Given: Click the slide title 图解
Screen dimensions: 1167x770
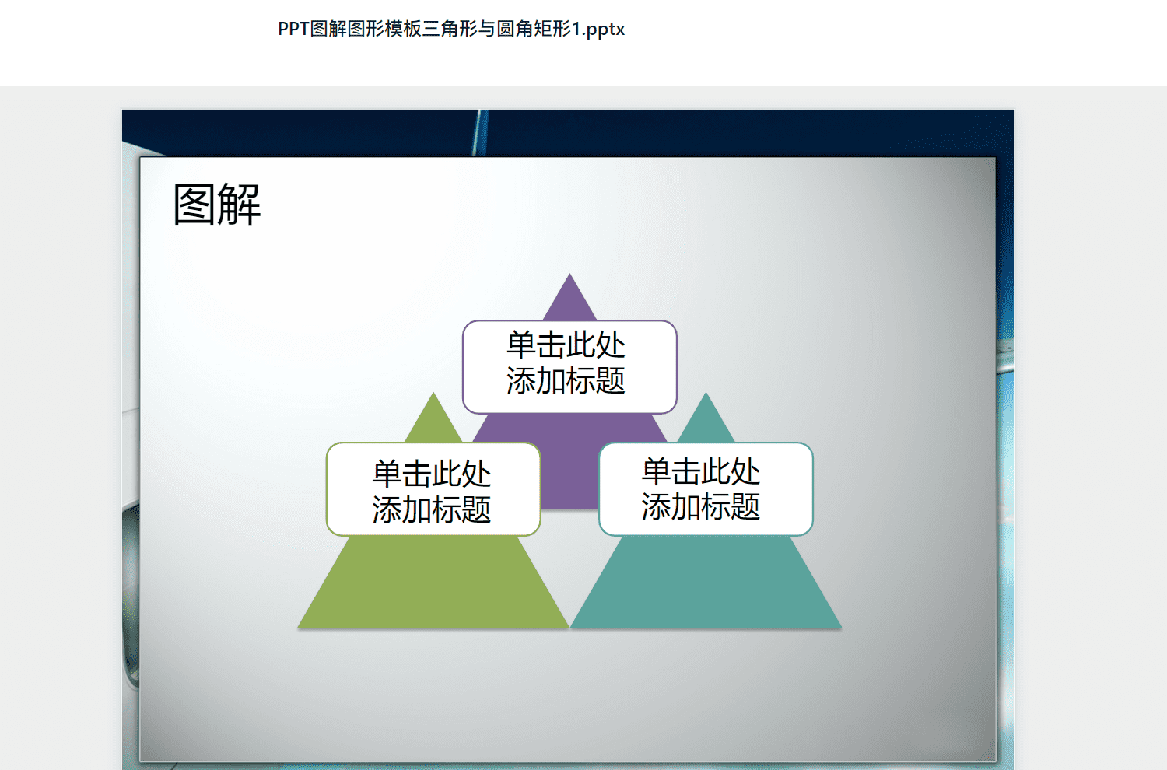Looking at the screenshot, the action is [x=217, y=205].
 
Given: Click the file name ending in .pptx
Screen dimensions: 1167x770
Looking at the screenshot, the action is [x=451, y=30].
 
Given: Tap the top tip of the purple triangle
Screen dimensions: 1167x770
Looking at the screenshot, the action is [x=569, y=274].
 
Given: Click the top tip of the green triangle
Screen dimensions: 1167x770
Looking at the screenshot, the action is [x=433, y=393].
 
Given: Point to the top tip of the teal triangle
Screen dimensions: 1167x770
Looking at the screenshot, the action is [x=706, y=393].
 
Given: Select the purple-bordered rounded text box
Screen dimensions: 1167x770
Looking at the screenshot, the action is [x=569, y=367].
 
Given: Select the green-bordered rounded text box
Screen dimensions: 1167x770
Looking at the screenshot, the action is [x=433, y=489].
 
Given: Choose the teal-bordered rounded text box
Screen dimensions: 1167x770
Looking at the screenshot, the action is [x=706, y=489].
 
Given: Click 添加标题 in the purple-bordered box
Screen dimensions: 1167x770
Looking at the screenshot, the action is [x=566, y=380].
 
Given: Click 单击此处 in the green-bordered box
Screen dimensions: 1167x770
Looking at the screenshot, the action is [x=432, y=474].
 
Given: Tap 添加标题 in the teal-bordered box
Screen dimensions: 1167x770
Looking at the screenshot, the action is [x=701, y=506].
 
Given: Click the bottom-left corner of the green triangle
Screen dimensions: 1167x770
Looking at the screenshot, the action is [x=298, y=627].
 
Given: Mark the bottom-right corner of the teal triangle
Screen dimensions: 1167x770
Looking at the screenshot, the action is [x=841, y=627].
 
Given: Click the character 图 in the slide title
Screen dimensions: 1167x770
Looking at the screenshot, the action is [x=194, y=205].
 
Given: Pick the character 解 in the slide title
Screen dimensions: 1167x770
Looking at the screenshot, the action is [x=239, y=205].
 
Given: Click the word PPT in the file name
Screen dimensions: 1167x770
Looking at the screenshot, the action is [x=293, y=30].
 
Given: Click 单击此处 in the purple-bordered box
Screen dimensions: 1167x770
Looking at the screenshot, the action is [x=566, y=345].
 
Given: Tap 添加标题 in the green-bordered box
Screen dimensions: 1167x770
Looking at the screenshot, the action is [x=432, y=509].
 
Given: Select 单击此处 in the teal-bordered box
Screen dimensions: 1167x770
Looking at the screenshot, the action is [x=701, y=471].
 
